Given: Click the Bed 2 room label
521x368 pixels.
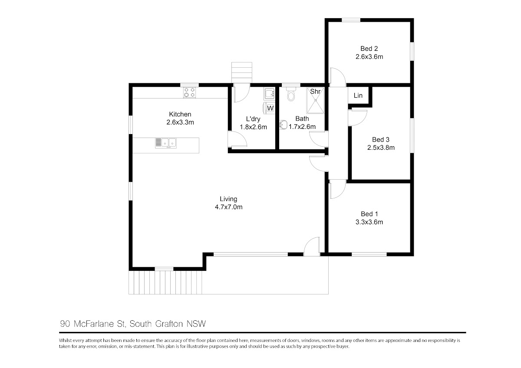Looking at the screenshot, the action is point(369,49).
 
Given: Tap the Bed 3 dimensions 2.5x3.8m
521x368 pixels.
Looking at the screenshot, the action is point(381,148).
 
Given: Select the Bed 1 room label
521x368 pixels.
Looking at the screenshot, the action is point(369,214).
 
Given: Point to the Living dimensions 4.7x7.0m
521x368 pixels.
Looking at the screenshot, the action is point(229,207).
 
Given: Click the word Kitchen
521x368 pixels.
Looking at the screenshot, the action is point(180,114).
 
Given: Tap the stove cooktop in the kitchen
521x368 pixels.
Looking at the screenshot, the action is point(190,92).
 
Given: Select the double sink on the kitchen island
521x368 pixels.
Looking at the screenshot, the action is point(166,143).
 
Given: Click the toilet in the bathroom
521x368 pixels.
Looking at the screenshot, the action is point(291,94).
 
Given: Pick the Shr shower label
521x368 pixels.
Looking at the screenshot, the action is point(315,92).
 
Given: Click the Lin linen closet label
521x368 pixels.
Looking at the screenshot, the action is point(358,95).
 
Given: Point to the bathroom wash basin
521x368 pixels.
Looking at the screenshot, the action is point(283,125).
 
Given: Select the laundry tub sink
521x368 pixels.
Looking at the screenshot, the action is point(269,94).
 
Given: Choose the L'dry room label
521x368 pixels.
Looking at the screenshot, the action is point(253,119).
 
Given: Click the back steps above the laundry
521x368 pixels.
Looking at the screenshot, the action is point(242,72).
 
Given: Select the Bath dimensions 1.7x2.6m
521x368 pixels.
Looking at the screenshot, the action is point(302,127).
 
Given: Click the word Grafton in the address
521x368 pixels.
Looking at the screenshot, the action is point(169,324).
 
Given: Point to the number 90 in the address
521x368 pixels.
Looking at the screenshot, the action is point(65,324).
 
